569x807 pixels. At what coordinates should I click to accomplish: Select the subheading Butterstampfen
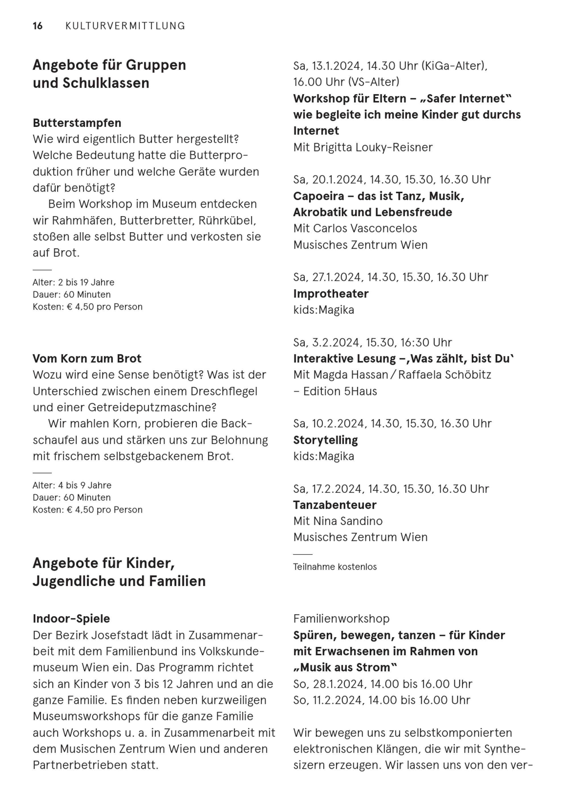coord(77,123)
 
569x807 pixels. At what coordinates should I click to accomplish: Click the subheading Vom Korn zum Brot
coord(87,358)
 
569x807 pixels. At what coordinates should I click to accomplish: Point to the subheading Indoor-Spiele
coord(71,619)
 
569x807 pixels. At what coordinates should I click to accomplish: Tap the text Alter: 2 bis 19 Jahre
coord(74,282)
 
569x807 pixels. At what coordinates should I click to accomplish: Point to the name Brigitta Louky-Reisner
coord(373,147)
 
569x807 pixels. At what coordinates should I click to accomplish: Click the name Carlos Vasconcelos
coord(365,229)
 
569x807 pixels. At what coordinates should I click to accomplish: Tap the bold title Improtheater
coord(331,293)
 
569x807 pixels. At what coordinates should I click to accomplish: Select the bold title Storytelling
coord(325,440)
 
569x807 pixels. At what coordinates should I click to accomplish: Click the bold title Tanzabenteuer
coord(335,505)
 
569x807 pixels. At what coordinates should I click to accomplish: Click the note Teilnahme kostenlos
coord(335,567)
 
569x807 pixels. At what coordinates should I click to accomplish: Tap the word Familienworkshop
coord(341,619)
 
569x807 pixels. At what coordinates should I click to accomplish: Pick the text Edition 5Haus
coord(340,391)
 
